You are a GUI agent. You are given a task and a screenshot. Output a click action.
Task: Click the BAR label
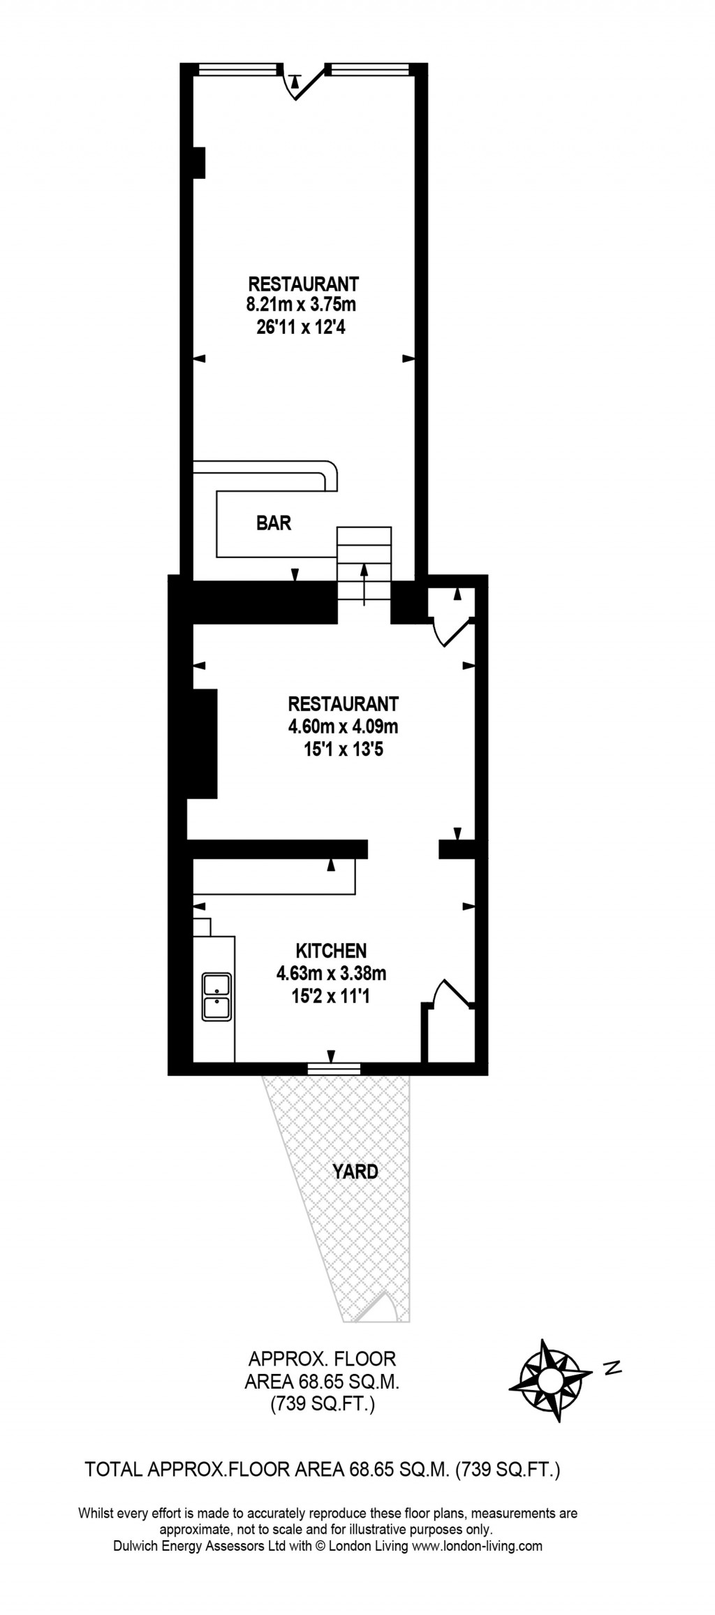[x=274, y=522]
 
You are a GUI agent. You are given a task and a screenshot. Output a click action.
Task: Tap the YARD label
[x=355, y=1171]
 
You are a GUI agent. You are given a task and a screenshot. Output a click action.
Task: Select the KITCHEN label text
[x=331, y=950]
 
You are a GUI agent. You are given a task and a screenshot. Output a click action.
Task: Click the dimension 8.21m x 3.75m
[x=301, y=305]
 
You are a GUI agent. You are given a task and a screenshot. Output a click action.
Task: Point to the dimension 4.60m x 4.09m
[x=343, y=726]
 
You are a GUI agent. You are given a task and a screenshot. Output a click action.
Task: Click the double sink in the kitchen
[x=216, y=997]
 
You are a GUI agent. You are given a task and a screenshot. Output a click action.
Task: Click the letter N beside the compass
[x=612, y=1368]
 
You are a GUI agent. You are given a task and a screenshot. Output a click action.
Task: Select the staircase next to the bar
[x=364, y=564]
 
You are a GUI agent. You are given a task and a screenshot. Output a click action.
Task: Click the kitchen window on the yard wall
[x=334, y=1068]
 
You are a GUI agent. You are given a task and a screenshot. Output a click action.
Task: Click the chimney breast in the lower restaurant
[x=203, y=743]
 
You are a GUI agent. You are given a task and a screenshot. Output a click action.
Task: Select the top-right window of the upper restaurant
[x=369, y=69]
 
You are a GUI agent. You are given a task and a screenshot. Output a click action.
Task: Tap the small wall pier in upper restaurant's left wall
[x=198, y=162]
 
